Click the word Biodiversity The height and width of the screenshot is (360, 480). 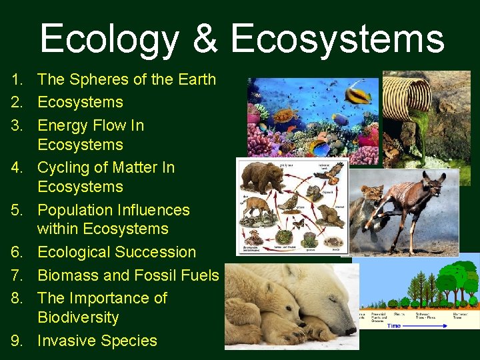[x=78, y=317]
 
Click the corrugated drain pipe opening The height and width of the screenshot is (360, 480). [x=406, y=93]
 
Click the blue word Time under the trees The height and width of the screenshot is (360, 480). [x=394, y=325]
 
